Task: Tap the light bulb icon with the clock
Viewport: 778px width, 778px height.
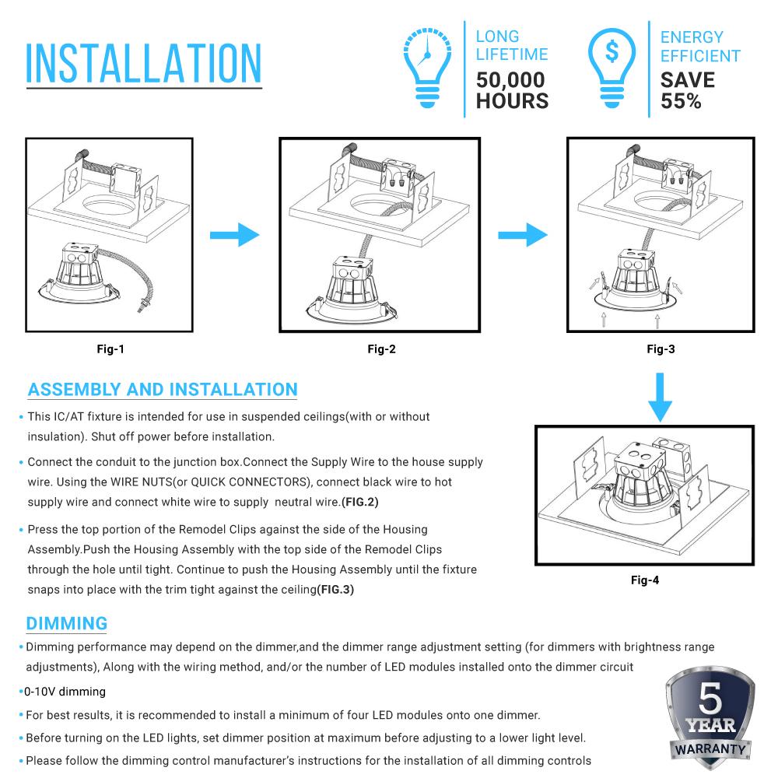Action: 427,67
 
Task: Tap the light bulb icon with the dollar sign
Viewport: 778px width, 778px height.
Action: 612,67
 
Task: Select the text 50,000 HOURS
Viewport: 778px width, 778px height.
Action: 512,90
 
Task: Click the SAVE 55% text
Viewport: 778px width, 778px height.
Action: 687,90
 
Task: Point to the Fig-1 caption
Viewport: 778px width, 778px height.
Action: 110,349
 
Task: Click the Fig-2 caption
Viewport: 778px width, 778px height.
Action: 381,349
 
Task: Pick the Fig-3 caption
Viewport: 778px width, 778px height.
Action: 661,349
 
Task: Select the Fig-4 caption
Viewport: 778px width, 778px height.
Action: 645,580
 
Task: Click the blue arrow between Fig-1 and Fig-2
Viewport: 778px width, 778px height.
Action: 234,233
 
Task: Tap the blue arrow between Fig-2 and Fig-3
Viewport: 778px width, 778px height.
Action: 521,233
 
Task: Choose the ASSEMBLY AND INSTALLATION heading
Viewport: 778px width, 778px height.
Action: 163,390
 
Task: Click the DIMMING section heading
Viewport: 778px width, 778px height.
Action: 66,623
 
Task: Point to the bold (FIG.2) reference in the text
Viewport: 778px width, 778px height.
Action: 360,502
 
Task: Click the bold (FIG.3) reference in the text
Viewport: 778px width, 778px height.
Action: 335,589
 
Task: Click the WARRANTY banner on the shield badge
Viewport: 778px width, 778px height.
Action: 710,748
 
